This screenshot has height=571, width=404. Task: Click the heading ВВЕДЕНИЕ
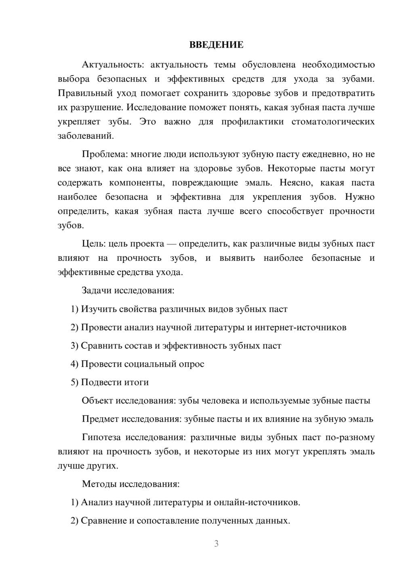pos(216,45)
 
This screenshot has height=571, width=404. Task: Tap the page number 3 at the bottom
pos(216,544)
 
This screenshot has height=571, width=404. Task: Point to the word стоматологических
pos(333,122)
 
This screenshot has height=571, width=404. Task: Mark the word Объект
pos(97,401)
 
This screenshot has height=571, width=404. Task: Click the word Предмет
pos(100,419)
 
